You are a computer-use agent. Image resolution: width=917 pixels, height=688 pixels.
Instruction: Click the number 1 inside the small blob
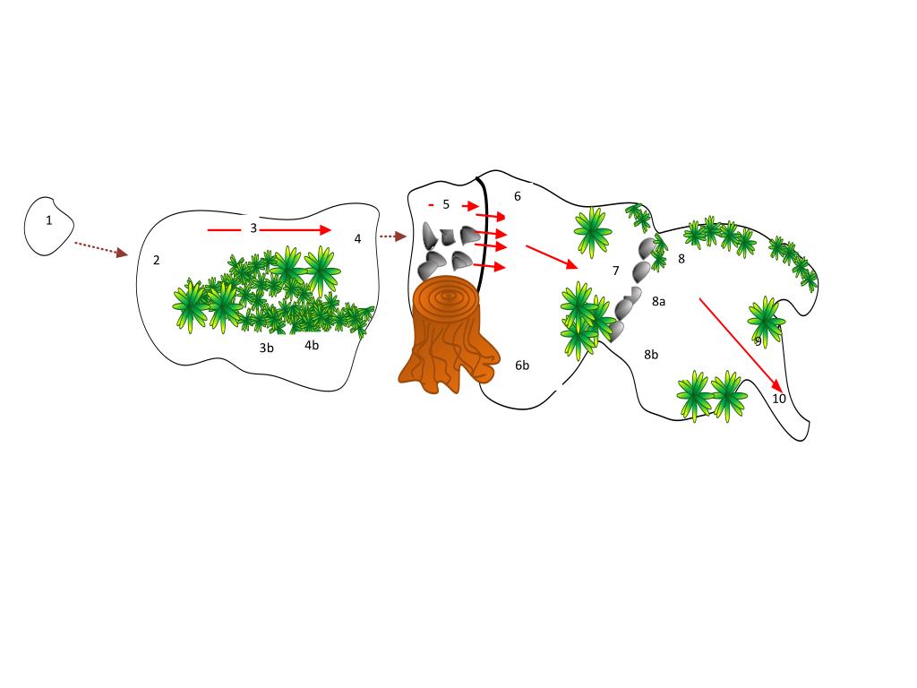tap(49, 220)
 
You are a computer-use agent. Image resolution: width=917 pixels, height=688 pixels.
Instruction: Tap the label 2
tap(156, 261)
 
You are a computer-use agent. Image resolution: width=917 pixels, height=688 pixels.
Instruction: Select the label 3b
tap(266, 348)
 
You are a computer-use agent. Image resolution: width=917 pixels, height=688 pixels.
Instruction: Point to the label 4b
tap(312, 345)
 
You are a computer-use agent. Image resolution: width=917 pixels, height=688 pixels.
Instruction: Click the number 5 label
tap(446, 204)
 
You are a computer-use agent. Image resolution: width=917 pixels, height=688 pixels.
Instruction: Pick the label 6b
tap(522, 365)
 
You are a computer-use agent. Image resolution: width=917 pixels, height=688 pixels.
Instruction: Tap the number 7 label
tap(615, 271)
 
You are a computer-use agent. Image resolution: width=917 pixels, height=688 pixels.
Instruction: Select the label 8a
tap(658, 301)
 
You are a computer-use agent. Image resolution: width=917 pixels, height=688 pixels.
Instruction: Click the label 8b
tap(651, 355)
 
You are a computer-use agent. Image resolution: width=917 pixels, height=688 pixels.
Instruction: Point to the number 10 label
tap(779, 399)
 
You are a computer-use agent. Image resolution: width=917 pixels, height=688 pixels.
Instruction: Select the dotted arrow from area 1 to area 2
tap(100, 249)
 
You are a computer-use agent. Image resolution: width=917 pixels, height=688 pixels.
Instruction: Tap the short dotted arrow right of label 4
tap(392, 236)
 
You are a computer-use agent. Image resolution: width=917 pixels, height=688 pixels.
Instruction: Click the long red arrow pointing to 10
tap(741, 345)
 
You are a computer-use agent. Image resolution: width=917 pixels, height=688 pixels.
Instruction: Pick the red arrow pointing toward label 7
tap(552, 257)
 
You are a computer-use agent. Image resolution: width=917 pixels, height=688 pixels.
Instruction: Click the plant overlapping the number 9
tap(765, 320)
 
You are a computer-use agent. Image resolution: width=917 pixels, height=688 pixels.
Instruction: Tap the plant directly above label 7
tap(593, 232)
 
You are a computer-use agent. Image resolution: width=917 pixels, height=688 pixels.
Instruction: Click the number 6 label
tap(518, 196)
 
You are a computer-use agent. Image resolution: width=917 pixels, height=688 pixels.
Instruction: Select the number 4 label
tap(357, 238)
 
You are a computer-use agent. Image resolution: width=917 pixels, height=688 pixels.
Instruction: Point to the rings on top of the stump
tap(448, 297)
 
